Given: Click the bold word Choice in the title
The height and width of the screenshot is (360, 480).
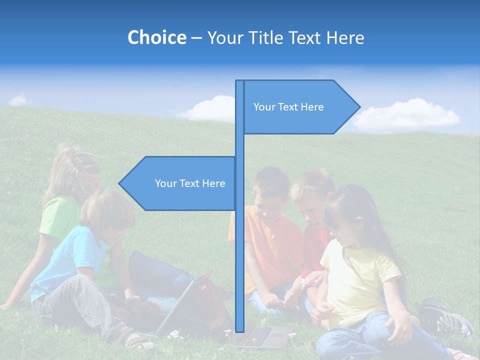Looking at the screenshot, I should [x=156, y=37].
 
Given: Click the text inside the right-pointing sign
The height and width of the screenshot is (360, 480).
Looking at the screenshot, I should [x=288, y=107].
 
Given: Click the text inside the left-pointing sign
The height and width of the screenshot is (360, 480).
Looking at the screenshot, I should [x=190, y=183].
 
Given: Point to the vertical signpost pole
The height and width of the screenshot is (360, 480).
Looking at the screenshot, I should [x=240, y=250].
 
